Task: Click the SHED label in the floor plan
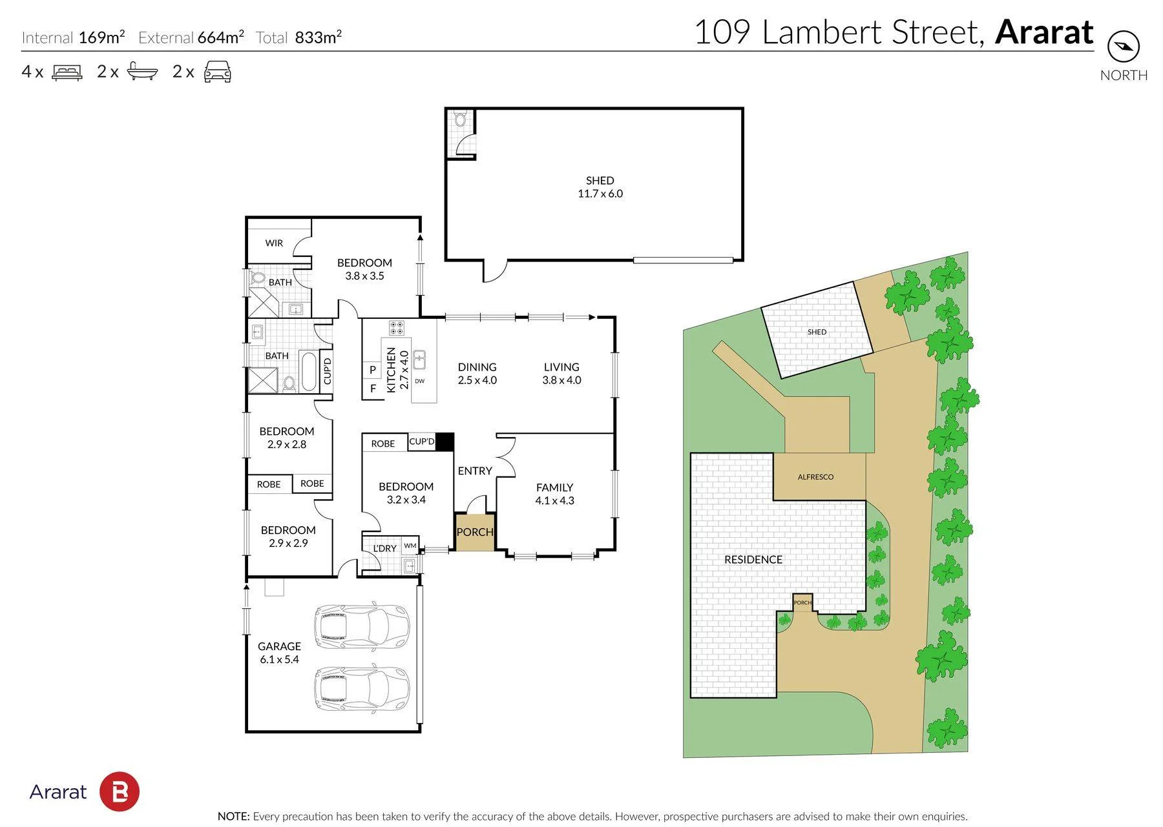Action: [600, 181]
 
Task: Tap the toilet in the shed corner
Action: [460, 119]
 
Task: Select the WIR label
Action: [274, 243]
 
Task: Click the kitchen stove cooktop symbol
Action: [396, 328]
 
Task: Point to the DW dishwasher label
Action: [420, 381]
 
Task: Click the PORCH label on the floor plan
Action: [475, 532]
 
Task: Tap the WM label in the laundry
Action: [410, 546]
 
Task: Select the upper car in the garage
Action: [361, 625]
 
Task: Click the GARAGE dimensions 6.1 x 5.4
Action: [280, 659]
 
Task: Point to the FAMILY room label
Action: [554, 487]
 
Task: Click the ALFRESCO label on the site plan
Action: [815, 477]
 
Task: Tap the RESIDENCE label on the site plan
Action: [753, 560]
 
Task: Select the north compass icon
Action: [1124, 46]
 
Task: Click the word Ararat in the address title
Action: [1044, 32]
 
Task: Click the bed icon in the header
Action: [67, 72]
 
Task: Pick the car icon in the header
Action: [218, 72]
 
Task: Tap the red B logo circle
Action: [120, 791]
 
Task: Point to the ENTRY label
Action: [475, 471]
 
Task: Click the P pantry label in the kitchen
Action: [373, 370]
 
